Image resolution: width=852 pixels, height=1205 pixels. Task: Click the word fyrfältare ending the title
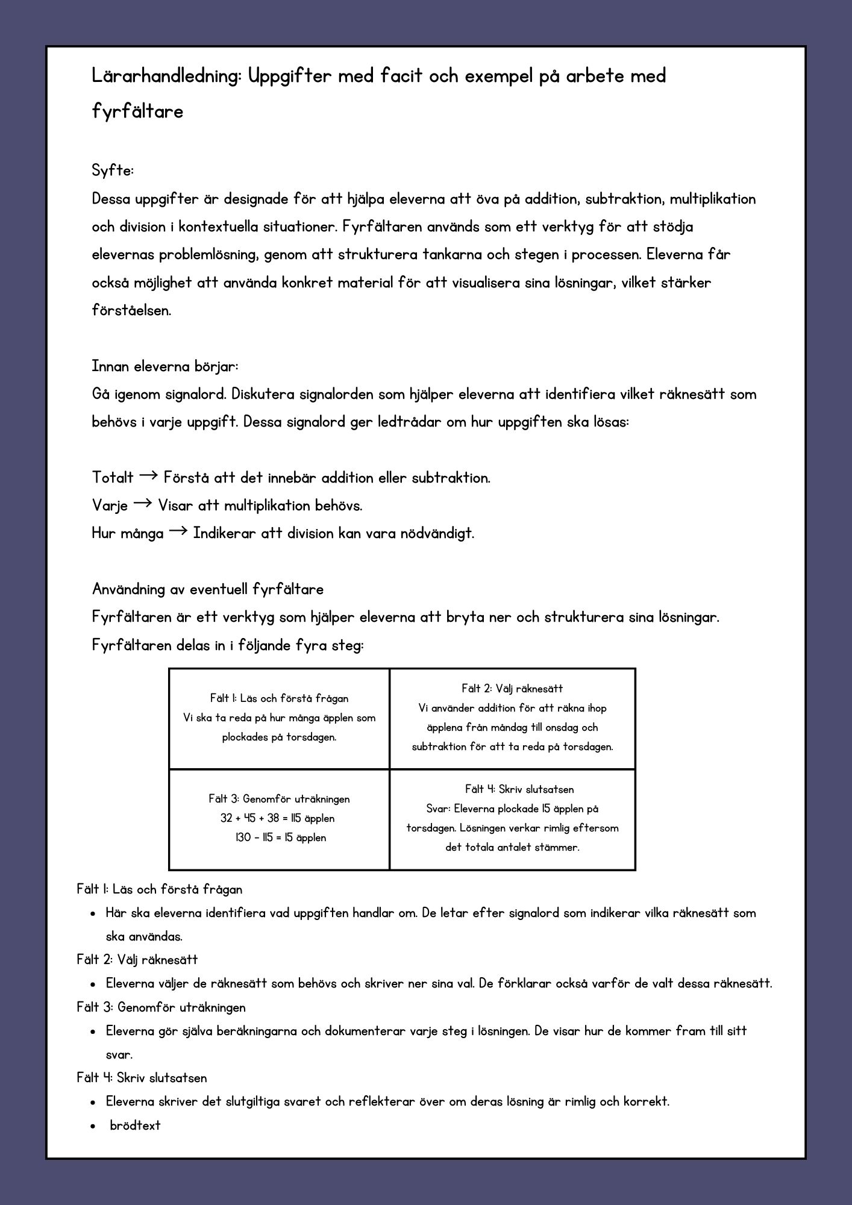[137, 112]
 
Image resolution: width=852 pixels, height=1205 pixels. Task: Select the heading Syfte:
[113, 171]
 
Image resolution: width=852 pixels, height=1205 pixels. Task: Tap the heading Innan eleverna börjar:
[165, 366]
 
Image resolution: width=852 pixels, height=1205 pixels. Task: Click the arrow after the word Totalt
[148, 477]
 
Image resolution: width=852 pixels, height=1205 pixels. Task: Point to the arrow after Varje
[142, 504]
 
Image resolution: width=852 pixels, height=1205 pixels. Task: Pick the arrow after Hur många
[178, 532]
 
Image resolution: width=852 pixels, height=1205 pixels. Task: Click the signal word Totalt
[113, 478]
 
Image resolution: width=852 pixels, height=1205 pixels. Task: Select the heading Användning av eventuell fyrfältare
[208, 589]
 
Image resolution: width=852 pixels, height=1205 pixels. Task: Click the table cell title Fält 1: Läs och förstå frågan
[279, 698]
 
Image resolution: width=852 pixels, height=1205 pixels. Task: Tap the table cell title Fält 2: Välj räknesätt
[512, 689]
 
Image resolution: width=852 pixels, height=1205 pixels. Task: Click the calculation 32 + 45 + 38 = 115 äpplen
[278, 818]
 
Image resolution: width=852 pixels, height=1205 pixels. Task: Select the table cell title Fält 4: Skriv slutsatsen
[512, 789]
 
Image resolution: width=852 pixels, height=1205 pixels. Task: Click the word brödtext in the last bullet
[135, 1125]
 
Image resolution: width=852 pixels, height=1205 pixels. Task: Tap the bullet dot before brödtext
[93, 1126]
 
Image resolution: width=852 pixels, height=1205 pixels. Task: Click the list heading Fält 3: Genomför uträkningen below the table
[161, 1007]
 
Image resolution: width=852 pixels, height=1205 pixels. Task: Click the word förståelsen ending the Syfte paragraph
[131, 311]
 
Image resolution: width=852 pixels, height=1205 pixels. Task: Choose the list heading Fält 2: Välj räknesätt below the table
[137, 959]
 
